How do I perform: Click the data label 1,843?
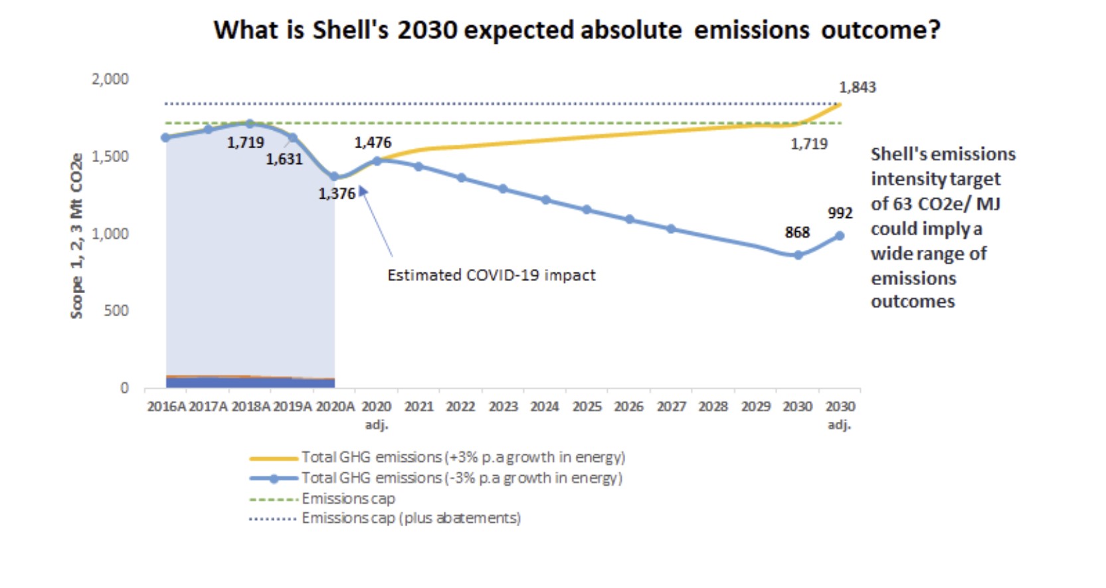857,87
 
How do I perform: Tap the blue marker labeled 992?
840,235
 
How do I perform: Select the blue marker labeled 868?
798,254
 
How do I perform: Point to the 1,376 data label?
337,193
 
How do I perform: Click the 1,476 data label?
373,142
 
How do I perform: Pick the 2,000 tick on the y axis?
110,79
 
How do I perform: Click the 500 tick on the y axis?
116,310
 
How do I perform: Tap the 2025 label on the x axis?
587,406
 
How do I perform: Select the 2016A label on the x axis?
166,406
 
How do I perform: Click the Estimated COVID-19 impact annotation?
491,275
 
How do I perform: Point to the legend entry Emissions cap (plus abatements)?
411,518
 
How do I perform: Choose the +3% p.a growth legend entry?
462,457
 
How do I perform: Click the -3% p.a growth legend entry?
461,478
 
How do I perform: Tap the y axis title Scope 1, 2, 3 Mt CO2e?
77,236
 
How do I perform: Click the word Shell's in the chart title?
350,30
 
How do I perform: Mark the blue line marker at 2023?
503,189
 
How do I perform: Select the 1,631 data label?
284,159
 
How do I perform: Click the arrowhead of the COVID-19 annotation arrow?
362,190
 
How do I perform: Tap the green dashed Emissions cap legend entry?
347,498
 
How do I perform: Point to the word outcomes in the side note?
912,301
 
